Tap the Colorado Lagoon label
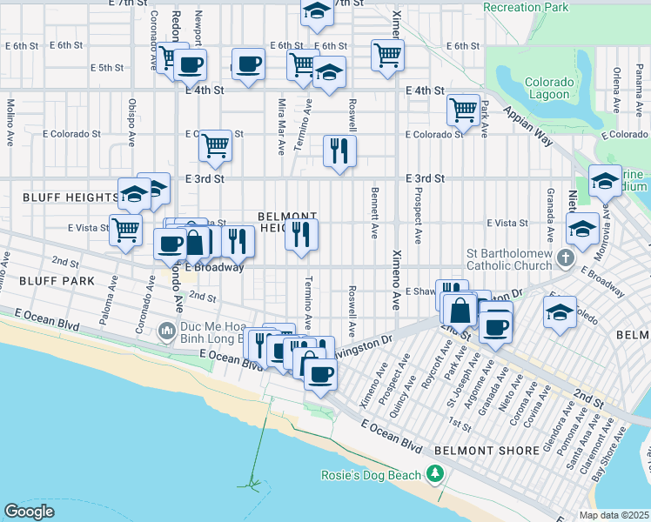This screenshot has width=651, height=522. (548, 88)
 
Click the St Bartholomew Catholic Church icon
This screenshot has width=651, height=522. (566, 258)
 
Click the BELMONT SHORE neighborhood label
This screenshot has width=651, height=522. (477, 451)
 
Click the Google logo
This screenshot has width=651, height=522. (29, 512)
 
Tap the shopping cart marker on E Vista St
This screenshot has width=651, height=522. (127, 231)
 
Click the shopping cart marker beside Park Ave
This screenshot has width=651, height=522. (463, 110)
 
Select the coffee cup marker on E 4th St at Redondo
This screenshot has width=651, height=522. (190, 64)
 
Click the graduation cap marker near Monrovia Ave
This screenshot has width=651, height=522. (582, 229)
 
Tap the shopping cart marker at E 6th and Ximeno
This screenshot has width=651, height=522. (387, 55)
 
